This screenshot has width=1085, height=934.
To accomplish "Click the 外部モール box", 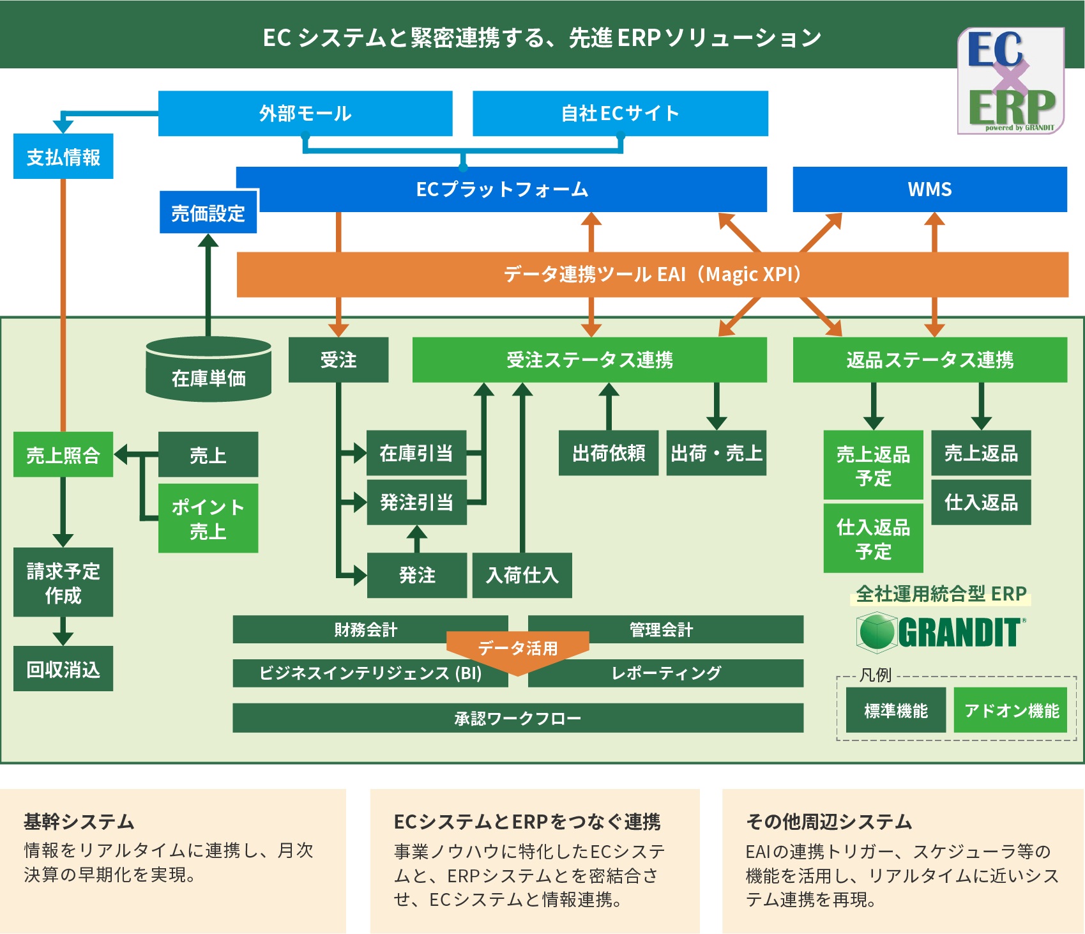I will click(x=305, y=113).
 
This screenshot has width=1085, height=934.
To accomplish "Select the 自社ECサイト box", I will click(x=620, y=113).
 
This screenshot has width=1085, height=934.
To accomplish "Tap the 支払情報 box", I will click(x=63, y=157).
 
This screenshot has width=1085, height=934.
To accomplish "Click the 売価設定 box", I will click(x=208, y=213).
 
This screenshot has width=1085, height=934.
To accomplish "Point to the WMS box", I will click(x=929, y=189).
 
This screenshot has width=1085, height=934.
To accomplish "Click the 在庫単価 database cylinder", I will click(x=208, y=370).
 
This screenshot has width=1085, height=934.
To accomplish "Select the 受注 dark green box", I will click(x=338, y=360).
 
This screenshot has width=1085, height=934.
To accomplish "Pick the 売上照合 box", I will click(x=63, y=455).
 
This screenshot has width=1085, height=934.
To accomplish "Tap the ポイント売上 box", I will click(x=208, y=518).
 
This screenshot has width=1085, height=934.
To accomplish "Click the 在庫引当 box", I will click(x=416, y=453).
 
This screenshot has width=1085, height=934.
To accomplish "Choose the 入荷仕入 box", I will click(x=522, y=575).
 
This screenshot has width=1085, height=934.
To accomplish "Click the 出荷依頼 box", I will click(x=609, y=453).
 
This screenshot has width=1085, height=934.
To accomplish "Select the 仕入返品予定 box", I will click(x=873, y=539).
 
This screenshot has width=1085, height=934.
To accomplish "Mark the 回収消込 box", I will click(x=63, y=669).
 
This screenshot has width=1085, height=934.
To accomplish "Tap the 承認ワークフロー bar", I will click(x=518, y=718).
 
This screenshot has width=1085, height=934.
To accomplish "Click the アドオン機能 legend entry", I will click(x=1011, y=710).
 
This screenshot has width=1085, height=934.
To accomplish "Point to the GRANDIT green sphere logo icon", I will click(x=876, y=632).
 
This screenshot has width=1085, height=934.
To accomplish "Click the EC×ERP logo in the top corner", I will click(x=1010, y=80).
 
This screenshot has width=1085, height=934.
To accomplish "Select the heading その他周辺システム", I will click(x=829, y=822).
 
